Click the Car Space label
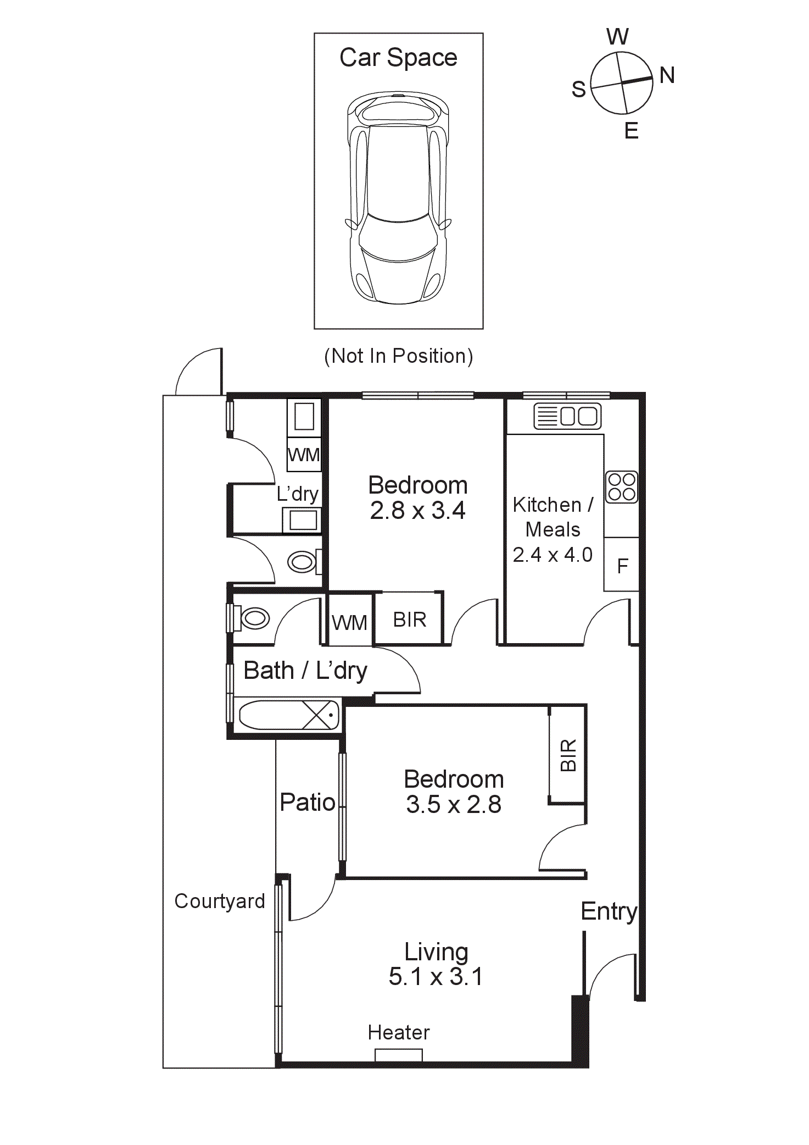click(398, 58)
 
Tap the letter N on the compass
click(667, 75)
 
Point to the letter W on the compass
click(617, 37)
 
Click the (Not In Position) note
click(398, 356)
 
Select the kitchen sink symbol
click(567, 416)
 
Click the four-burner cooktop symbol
click(622, 487)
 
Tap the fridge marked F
click(622, 566)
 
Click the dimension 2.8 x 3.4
click(417, 511)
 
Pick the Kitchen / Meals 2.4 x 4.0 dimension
click(553, 555)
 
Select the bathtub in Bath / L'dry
click(289, 715)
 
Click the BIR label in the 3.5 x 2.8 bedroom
click(568, 755)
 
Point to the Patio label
click(307, 803)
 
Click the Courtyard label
click(220, 901)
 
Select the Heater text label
click(398, 1033)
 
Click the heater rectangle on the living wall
click(398, 1055)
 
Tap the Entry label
click(609, 911)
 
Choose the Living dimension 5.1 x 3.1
click(436, 977)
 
